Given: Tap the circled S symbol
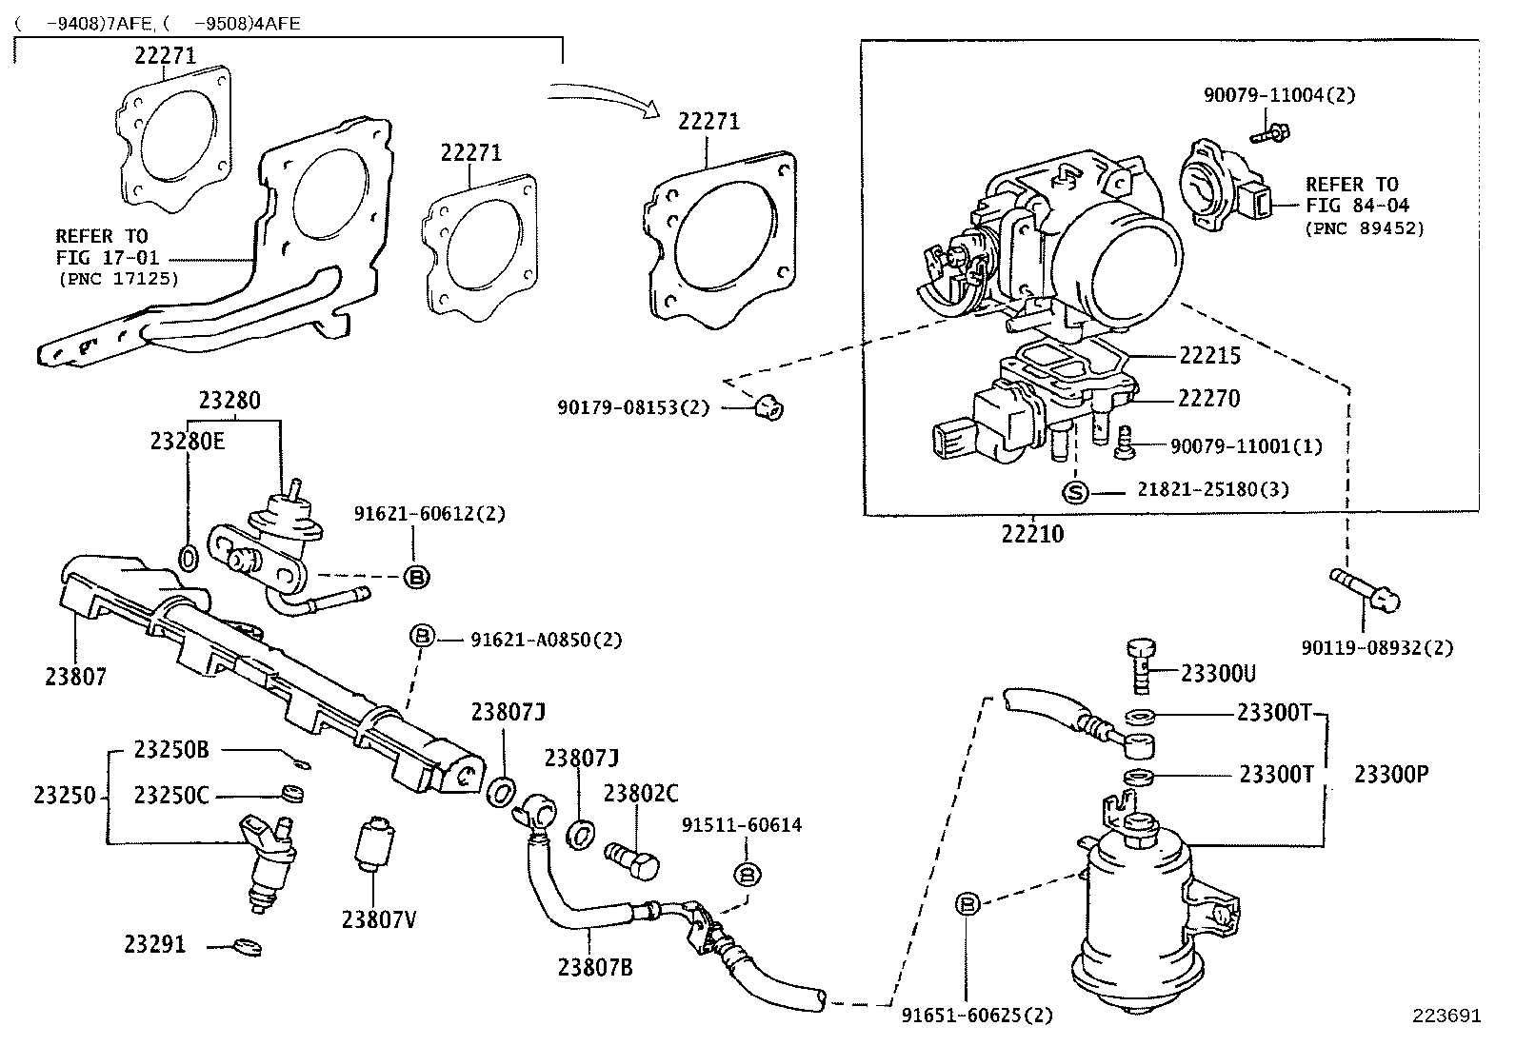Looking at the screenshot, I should pyautogui.click(x=1074, y=491).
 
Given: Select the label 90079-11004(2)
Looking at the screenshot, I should pyautogui.click(x=1278, y=95).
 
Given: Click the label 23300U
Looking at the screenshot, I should pyautogui.click(x=1218, y=674).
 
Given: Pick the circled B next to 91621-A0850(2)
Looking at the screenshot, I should pyautogui.click(x=422, y=636).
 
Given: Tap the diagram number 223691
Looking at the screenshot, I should pyautogui.click(x=1446, y=1016).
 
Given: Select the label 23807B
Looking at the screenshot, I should pyautogui.click(x=595, y=967).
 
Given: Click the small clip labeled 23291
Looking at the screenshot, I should pyautogui.click(x=248, y=946).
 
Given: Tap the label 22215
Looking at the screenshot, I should pyautogui.click(x=1209, y=356).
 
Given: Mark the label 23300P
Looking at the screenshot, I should pyautogui.click(x=1391, y=774).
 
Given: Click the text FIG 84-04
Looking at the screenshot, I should pyautogui.click(x=1357, y=206).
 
